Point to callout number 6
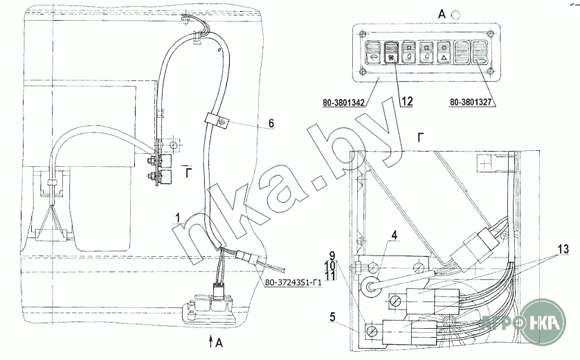click(x=271, y=123)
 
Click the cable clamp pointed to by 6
click(x=217, y=119)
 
